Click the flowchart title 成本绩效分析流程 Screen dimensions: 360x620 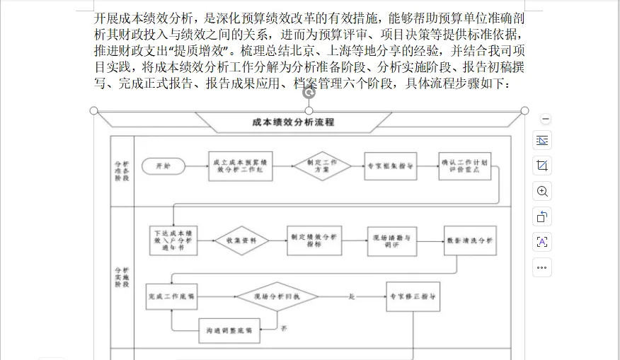coord(292,122)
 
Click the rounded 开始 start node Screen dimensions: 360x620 coord(163,166)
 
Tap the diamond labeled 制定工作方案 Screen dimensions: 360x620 coord(322,166)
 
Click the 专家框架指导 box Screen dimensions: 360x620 coord(391,166)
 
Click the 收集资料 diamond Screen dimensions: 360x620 coord(242,241)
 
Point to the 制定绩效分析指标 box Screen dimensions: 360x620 coord(314,241)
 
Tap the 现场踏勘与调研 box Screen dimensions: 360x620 coord(391,241)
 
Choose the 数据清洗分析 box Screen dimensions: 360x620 coord(470,241)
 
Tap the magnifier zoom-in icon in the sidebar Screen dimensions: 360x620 coord(542,192)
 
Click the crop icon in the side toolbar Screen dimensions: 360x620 coord(542,166)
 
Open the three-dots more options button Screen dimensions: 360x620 coord(542,268)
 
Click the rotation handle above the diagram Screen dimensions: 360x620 coord(309,92)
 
